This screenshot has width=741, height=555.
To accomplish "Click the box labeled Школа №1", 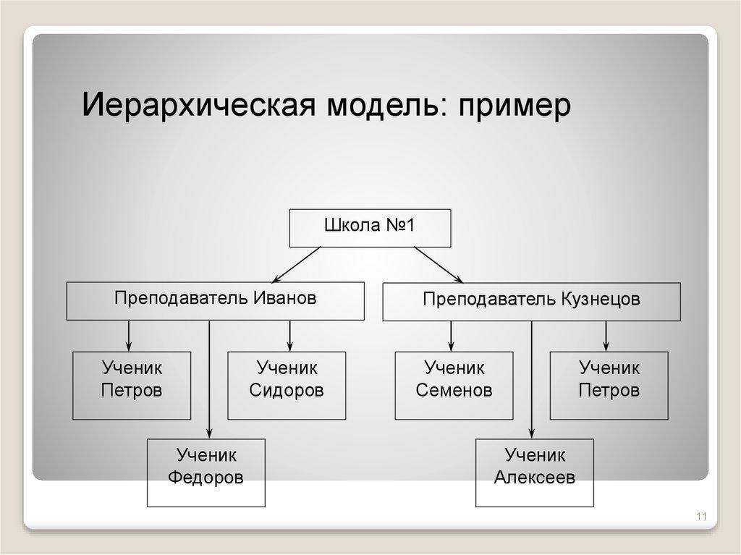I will [370, 228].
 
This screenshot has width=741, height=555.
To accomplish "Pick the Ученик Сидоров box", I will [287, 385].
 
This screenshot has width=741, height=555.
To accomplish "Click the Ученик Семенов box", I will [454, 385].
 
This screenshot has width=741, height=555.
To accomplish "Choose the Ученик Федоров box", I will [206, 473].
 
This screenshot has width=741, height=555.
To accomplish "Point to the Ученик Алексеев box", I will [534, 473].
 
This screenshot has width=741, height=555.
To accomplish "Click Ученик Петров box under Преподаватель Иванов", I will [132, 385].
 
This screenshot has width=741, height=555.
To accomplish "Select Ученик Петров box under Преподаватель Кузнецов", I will [609, 385].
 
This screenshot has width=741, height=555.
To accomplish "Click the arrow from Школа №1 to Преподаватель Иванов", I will [297, 264].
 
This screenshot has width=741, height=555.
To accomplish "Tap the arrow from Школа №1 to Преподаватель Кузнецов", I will [439, 264].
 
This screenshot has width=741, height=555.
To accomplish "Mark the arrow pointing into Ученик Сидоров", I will [289, 336].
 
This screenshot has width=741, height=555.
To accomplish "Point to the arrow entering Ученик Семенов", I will [451, 336].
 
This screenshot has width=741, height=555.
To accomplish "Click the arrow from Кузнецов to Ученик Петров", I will [606, 336].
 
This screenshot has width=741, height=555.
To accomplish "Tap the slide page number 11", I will [700, 517].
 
